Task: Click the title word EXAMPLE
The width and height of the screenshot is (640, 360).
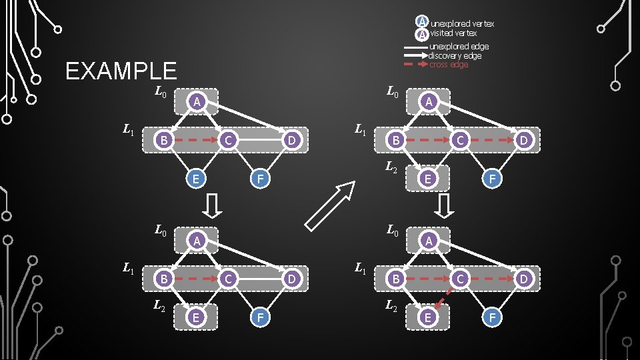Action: tap(121, 71)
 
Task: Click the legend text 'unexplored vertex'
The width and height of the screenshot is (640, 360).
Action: tap(462, 24)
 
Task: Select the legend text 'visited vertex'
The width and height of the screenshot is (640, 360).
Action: tap(453, 33)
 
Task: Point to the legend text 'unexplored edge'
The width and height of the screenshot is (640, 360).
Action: tap(459, 47)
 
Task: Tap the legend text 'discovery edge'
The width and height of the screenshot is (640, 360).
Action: tap(455, 56)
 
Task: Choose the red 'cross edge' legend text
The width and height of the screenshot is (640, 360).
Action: tap(448, 65)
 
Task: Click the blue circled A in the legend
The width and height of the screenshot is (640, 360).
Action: tap(422, 22)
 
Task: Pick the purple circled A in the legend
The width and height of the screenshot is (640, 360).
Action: tap(422, 34)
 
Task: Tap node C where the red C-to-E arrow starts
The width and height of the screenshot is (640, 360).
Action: tap(459, 277)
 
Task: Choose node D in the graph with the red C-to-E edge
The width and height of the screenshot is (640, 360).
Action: tap(523, 277)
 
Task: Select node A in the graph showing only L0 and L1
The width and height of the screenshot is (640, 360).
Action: tap(195, 101)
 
